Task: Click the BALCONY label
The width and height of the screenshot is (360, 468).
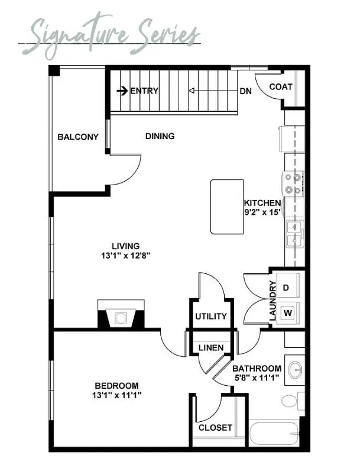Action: (78, 137)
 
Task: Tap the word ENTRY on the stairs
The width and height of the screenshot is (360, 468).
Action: (144, 91)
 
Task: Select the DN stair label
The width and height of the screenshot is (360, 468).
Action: (245, 91)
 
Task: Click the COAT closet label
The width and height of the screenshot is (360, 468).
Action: (281, 87)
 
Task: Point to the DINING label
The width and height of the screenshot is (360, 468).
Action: (160, 136)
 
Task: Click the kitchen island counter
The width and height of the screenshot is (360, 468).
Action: (227, 206)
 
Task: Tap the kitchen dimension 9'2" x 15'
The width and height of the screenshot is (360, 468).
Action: (262, 212)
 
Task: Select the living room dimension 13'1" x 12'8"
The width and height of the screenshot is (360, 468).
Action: (125, 256)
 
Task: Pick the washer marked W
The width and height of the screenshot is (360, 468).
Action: (288, 313)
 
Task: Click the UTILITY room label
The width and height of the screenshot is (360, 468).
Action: (211, 316)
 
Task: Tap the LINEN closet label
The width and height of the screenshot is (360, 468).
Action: (211, 348)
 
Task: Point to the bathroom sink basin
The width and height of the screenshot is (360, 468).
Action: (296, 370)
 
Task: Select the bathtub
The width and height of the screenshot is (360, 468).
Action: (274, 432)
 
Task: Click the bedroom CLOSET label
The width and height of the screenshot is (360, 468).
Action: (215, 428)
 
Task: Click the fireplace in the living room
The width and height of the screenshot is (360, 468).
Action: (121, 314)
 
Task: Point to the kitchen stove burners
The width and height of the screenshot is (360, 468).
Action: (293, 183)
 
